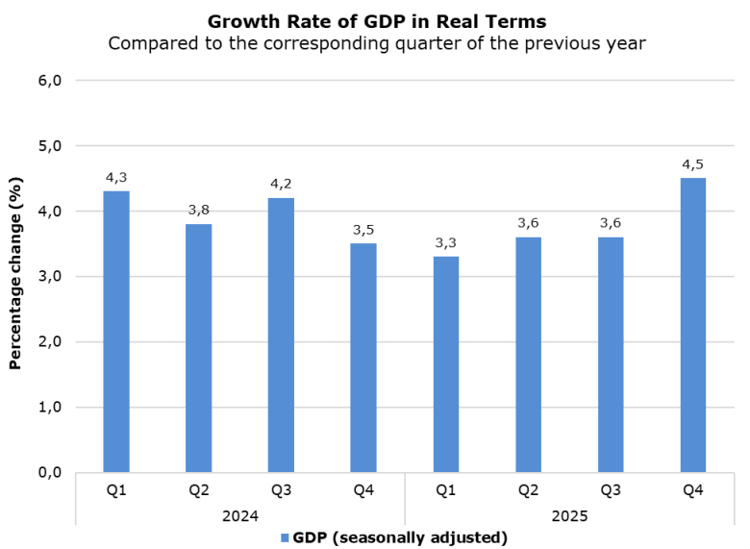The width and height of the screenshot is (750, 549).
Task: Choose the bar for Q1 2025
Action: pos(446,364)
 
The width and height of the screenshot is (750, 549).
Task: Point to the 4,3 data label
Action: pos(116,177)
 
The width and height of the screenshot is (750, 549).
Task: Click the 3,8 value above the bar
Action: pos(199,210)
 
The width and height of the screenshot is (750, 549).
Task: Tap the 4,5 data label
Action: pos(693,163)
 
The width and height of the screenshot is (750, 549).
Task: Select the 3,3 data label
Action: pos(446,242)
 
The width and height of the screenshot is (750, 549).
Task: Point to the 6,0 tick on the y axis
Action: pos(50,81)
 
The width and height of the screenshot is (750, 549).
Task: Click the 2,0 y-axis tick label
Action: pos(50,342)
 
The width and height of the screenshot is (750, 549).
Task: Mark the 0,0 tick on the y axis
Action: pos(50,473)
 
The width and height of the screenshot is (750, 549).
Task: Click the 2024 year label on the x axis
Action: pos(239,515)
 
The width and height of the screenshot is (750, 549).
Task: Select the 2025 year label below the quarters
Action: pos(569,515)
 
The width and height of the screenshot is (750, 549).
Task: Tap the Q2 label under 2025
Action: pos(528,490)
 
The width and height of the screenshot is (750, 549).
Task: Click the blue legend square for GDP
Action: pos(285,537)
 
